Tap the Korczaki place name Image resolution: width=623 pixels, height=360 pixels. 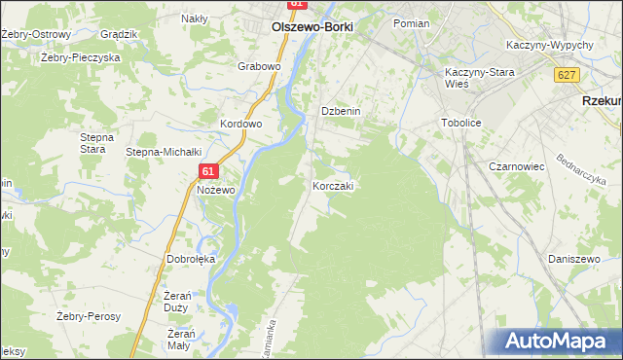pos(333,185)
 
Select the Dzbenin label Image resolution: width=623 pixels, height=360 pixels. pos(342,112)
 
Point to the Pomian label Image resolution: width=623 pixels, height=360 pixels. pos(412,21)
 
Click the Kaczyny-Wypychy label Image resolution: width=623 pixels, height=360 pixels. pos(551,46)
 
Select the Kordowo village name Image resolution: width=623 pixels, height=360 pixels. pos(241,125)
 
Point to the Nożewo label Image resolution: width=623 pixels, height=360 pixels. pos(216,190)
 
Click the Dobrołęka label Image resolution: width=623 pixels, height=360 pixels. pos(191,260)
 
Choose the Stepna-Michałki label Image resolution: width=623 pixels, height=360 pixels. pos(164,152)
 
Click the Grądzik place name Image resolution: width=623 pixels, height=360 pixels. pos(120,34)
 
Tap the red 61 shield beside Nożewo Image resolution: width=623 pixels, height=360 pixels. pos(208,171)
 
